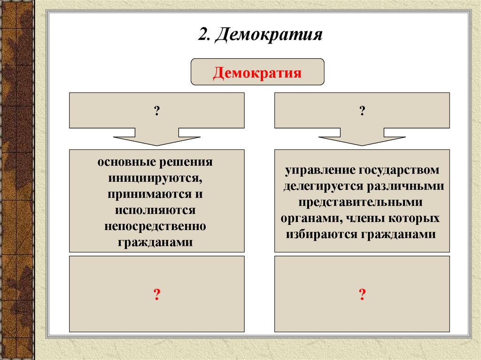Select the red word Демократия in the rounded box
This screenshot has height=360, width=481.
coord(257,74)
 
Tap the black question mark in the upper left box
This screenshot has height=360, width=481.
coord(156,111)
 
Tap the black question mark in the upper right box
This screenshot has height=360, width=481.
coord(362,111)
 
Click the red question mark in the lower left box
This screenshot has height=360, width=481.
coord(156,294)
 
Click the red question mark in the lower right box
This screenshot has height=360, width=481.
coord(362,294)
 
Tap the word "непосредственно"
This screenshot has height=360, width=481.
coord(155,226)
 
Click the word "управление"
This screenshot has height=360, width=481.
coord(318,169)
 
